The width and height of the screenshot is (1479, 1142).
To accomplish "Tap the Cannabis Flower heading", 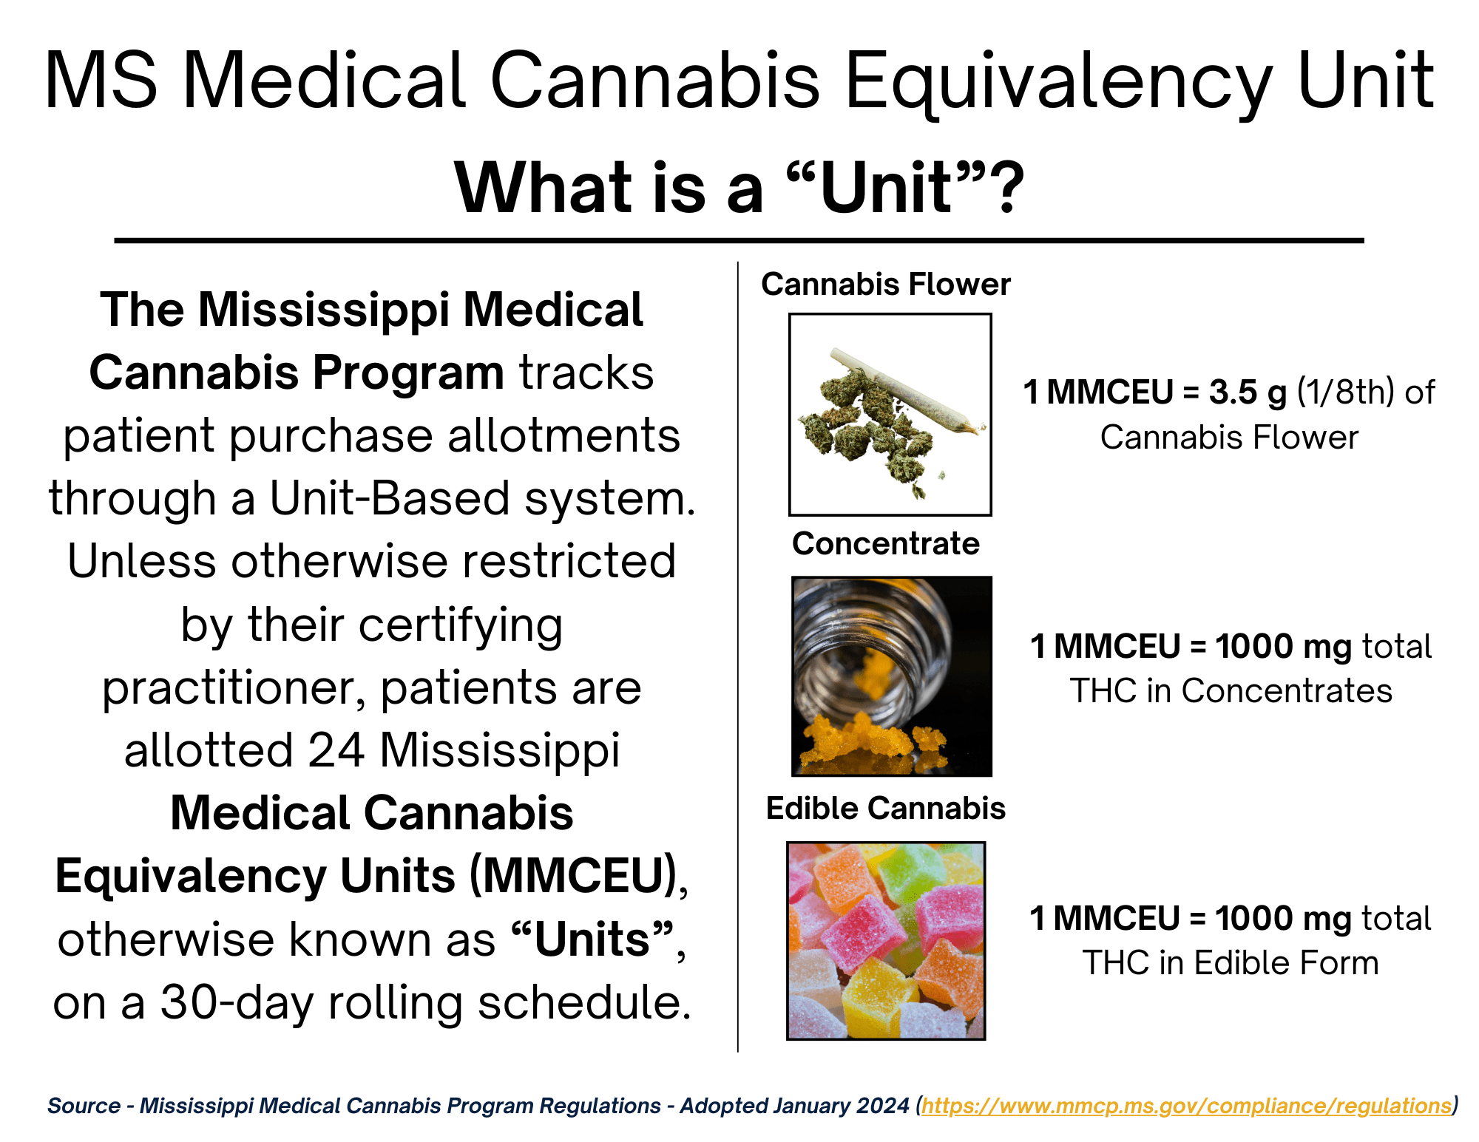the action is point(886,285).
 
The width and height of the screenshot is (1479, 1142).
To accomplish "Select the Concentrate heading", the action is point(886,543).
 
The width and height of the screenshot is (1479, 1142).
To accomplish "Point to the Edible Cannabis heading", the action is point(886,808).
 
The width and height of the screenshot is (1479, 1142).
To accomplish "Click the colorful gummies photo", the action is point(886,940).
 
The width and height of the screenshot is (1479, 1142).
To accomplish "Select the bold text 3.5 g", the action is point(1248,393).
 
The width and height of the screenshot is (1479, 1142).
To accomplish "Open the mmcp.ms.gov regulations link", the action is point(1187,1106).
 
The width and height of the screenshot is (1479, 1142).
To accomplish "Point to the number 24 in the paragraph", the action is point(336,750).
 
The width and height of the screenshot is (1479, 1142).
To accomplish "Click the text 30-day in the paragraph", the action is point(237,1003).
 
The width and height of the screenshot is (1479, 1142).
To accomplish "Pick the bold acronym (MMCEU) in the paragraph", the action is point(574,877).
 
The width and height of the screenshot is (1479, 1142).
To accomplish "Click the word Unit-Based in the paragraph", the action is point(389,498).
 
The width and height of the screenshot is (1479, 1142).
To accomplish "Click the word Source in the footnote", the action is point(84,1106).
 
